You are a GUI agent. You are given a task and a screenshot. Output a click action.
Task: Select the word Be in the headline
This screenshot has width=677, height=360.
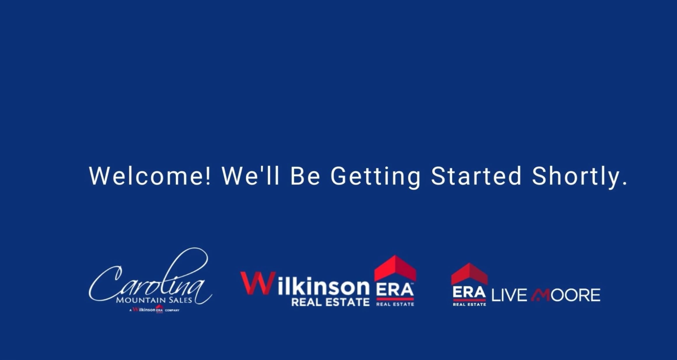[305, 176]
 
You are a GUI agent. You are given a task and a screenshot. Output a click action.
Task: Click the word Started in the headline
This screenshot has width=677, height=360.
[476, 176]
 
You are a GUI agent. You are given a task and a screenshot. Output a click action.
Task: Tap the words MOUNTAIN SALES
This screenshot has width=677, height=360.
[154, 300]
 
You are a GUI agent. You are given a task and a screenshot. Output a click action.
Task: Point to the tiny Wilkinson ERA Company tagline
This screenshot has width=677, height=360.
[155, 310]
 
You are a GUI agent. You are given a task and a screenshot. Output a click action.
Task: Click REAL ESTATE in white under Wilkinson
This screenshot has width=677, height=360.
[330, 302]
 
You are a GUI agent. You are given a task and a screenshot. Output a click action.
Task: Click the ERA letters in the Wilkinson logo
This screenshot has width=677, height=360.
[394, 290]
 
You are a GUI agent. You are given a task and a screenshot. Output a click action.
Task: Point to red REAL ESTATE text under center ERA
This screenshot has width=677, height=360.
[395, 304]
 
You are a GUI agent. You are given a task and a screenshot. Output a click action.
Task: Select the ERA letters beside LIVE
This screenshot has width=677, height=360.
[469, 292]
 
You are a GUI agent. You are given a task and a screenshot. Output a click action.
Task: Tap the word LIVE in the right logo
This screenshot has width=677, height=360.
[509, 295]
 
